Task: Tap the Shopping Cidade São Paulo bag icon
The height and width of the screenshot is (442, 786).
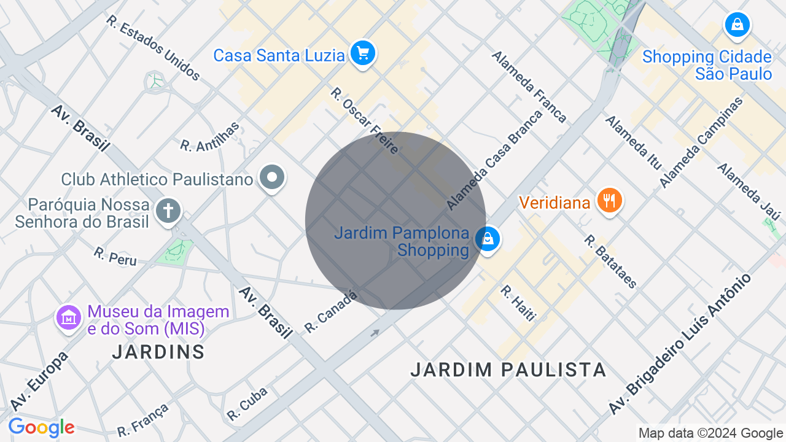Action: (x=737, y=25)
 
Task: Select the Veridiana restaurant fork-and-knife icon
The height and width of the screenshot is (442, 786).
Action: (x=609, y=200)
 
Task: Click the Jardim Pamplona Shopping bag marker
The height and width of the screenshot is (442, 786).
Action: (x=488, y=239)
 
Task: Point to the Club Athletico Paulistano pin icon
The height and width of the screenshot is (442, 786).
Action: (x=272, y=178)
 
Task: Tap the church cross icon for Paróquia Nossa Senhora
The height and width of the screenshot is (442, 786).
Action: (x=168, y=211)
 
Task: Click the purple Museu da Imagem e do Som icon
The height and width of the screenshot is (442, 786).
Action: (x=69, y=317)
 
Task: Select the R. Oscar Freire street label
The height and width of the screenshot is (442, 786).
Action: (x=364, y=120)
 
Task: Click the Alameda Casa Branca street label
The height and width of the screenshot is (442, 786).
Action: (x=494, y=160)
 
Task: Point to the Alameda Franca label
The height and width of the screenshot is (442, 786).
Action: (x=528, y=87)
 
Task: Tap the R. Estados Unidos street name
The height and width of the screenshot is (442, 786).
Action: (x=153, y=48)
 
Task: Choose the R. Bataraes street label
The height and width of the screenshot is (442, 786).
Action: (x=610, y=262)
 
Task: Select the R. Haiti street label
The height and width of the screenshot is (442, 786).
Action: (x=518, y=303)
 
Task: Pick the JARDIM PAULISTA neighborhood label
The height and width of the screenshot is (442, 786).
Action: (x=508, y=370)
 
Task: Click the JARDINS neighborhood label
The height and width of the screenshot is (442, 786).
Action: (x=158, y=352)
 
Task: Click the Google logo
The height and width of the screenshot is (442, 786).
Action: (x=41, y=427)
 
